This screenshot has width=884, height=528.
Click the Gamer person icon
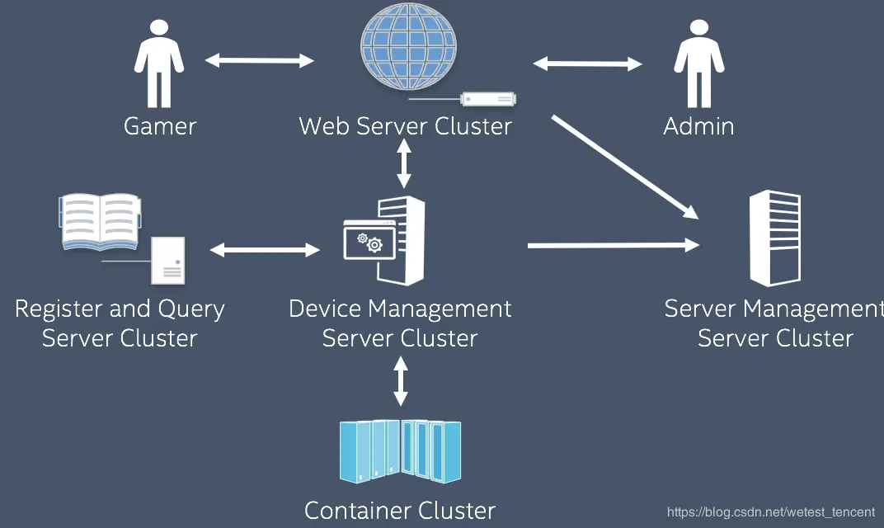(159, 64)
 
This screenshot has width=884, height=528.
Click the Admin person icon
(698, 64)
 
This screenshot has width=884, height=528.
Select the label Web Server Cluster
(405, 126)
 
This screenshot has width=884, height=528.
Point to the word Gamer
(160, 126)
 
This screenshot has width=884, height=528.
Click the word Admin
(698, 126)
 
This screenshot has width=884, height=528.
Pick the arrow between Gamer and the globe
(259, 60)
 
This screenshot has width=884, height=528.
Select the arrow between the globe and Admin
(587, 64)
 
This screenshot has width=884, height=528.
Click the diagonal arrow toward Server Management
(624, 166)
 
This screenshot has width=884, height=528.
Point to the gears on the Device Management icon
(369, 242)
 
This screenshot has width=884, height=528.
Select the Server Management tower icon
(774, 238)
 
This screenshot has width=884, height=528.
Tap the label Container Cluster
(400, 511)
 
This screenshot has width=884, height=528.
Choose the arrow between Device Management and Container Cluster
(401, 382)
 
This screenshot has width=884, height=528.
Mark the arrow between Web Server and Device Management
(404, 163)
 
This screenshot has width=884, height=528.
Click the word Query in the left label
(190, 309)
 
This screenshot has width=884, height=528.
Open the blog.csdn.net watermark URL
(770, 512)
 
